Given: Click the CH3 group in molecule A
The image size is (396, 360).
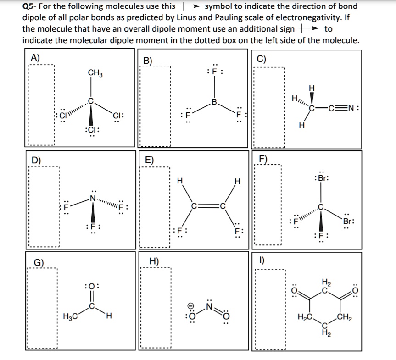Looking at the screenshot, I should pyautogui.click(x=95, y=72).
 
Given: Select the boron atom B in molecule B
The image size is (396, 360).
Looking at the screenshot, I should pyautogui.click(x=213, y=101).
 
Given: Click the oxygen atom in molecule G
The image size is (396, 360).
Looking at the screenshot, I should pyautogui.click(x=90, y=288).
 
